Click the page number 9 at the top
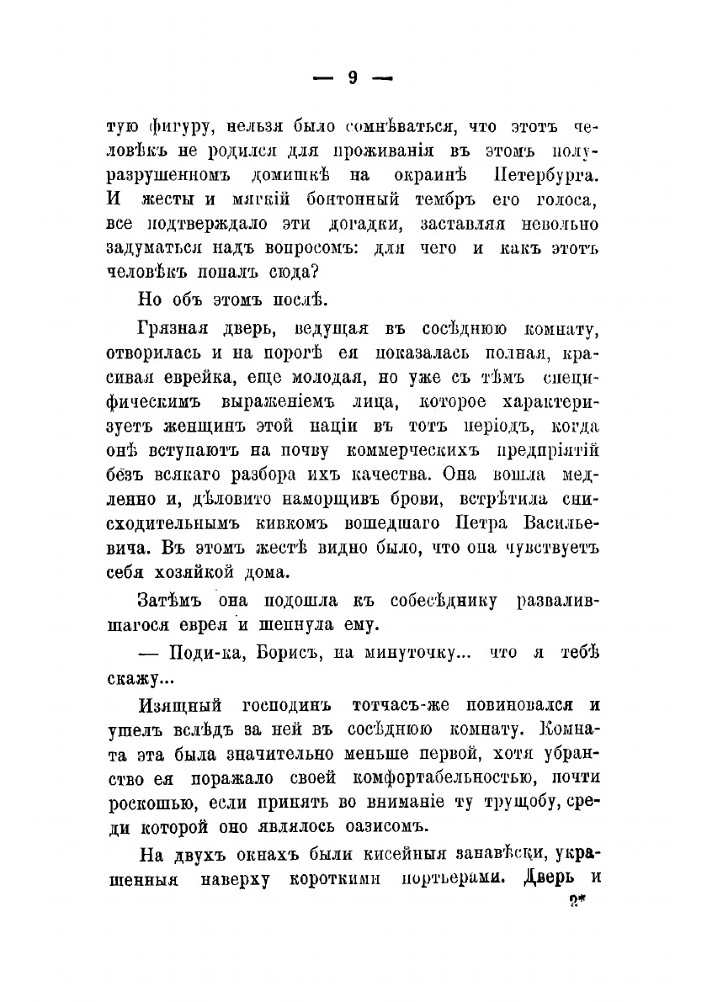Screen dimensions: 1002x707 353,78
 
